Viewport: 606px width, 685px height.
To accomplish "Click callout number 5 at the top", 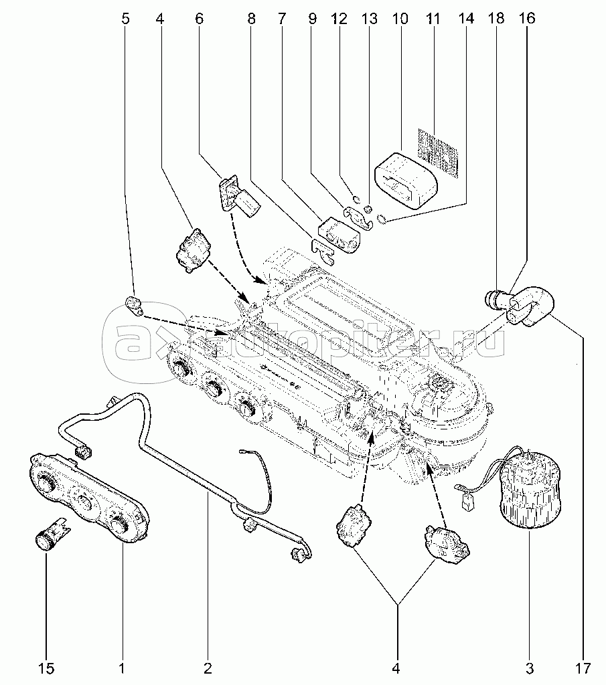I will tap(125, 19).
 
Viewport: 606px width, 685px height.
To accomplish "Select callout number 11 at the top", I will tap(433, 19).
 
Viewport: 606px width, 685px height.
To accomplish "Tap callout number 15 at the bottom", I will tap(46, 667).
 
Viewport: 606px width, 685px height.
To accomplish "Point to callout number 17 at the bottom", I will tap(583, 667).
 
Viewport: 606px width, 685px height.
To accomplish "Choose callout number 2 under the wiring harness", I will tap(208, 667).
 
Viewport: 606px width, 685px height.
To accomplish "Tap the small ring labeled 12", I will tap(357, 199).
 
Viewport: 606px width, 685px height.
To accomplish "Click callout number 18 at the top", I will tap(496, 19).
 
